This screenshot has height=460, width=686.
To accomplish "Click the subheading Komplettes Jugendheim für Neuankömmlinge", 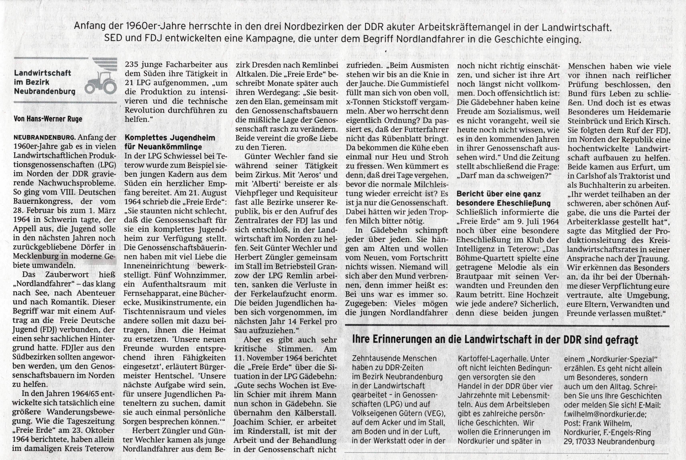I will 170,142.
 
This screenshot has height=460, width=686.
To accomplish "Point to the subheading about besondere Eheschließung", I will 503,199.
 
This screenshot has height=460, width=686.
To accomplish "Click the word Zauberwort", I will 67,275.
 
